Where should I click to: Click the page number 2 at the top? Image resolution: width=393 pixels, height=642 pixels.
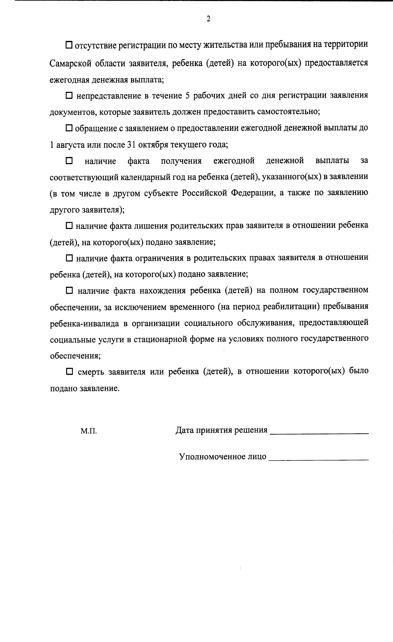click(208, 19)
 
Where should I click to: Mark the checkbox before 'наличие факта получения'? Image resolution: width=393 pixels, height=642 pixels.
click(69, 161)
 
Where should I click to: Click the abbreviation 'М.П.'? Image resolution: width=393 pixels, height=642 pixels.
click(89, 431)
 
